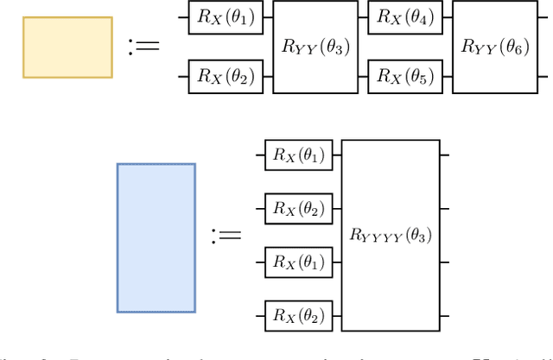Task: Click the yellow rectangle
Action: point(67,47)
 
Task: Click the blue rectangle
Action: point(156,237)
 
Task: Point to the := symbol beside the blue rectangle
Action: point(227,235)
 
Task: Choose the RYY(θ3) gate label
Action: point(315,47)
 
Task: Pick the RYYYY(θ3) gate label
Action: point(391,235)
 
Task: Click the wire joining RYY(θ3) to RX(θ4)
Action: point(363,17)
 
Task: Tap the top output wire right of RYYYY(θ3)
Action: point(444,155)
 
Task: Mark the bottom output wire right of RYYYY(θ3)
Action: point(444,313)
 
